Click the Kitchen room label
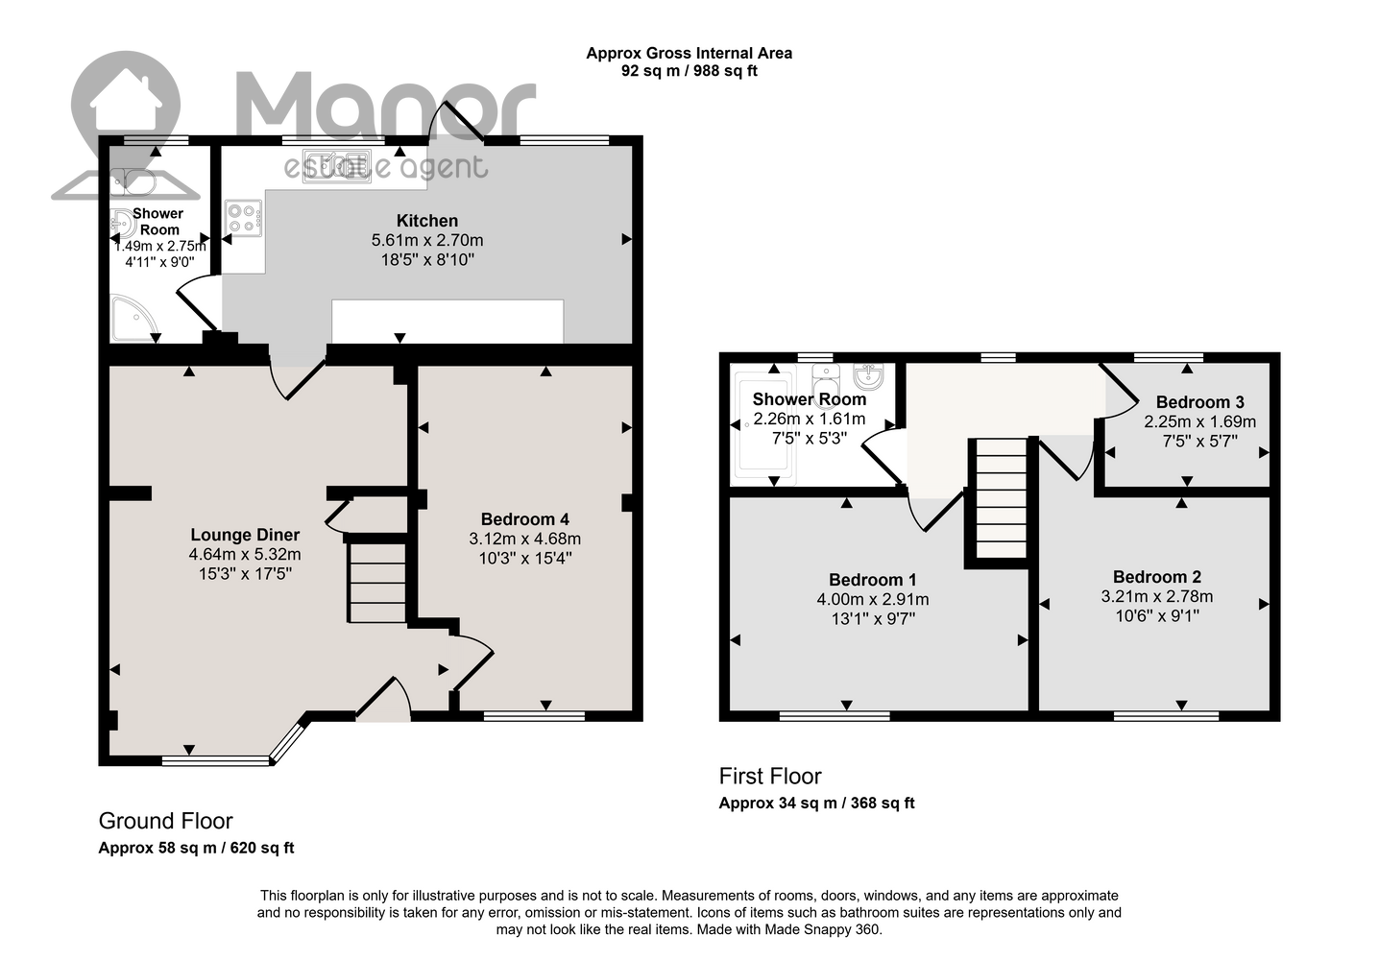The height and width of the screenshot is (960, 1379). point(426,220)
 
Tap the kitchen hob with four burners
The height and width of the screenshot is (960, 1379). point(244,219)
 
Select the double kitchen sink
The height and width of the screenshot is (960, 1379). point(336,165)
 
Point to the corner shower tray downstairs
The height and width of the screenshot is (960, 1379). point(133,319)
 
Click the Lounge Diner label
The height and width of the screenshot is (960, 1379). point(245,535)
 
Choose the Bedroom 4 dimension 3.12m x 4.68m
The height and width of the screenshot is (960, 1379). point(525,540)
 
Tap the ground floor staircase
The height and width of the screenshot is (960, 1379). point(376,582)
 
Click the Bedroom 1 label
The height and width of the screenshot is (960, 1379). point(872,580)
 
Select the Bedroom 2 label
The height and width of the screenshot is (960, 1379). point(1157,577)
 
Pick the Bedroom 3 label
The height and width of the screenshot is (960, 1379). point(1199,402)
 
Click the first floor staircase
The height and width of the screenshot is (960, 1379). point(1002,498)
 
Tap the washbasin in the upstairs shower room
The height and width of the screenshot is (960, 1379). point(869,376)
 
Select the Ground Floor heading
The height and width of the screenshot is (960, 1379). point(165,821)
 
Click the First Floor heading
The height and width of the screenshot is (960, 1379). point(770,776)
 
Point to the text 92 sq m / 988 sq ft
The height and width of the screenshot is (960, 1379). point(689,71)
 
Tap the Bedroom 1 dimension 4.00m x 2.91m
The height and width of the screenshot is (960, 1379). point(873,599)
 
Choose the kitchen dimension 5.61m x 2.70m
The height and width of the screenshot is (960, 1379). point(427,240)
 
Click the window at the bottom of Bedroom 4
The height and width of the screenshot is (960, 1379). point(534,716)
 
